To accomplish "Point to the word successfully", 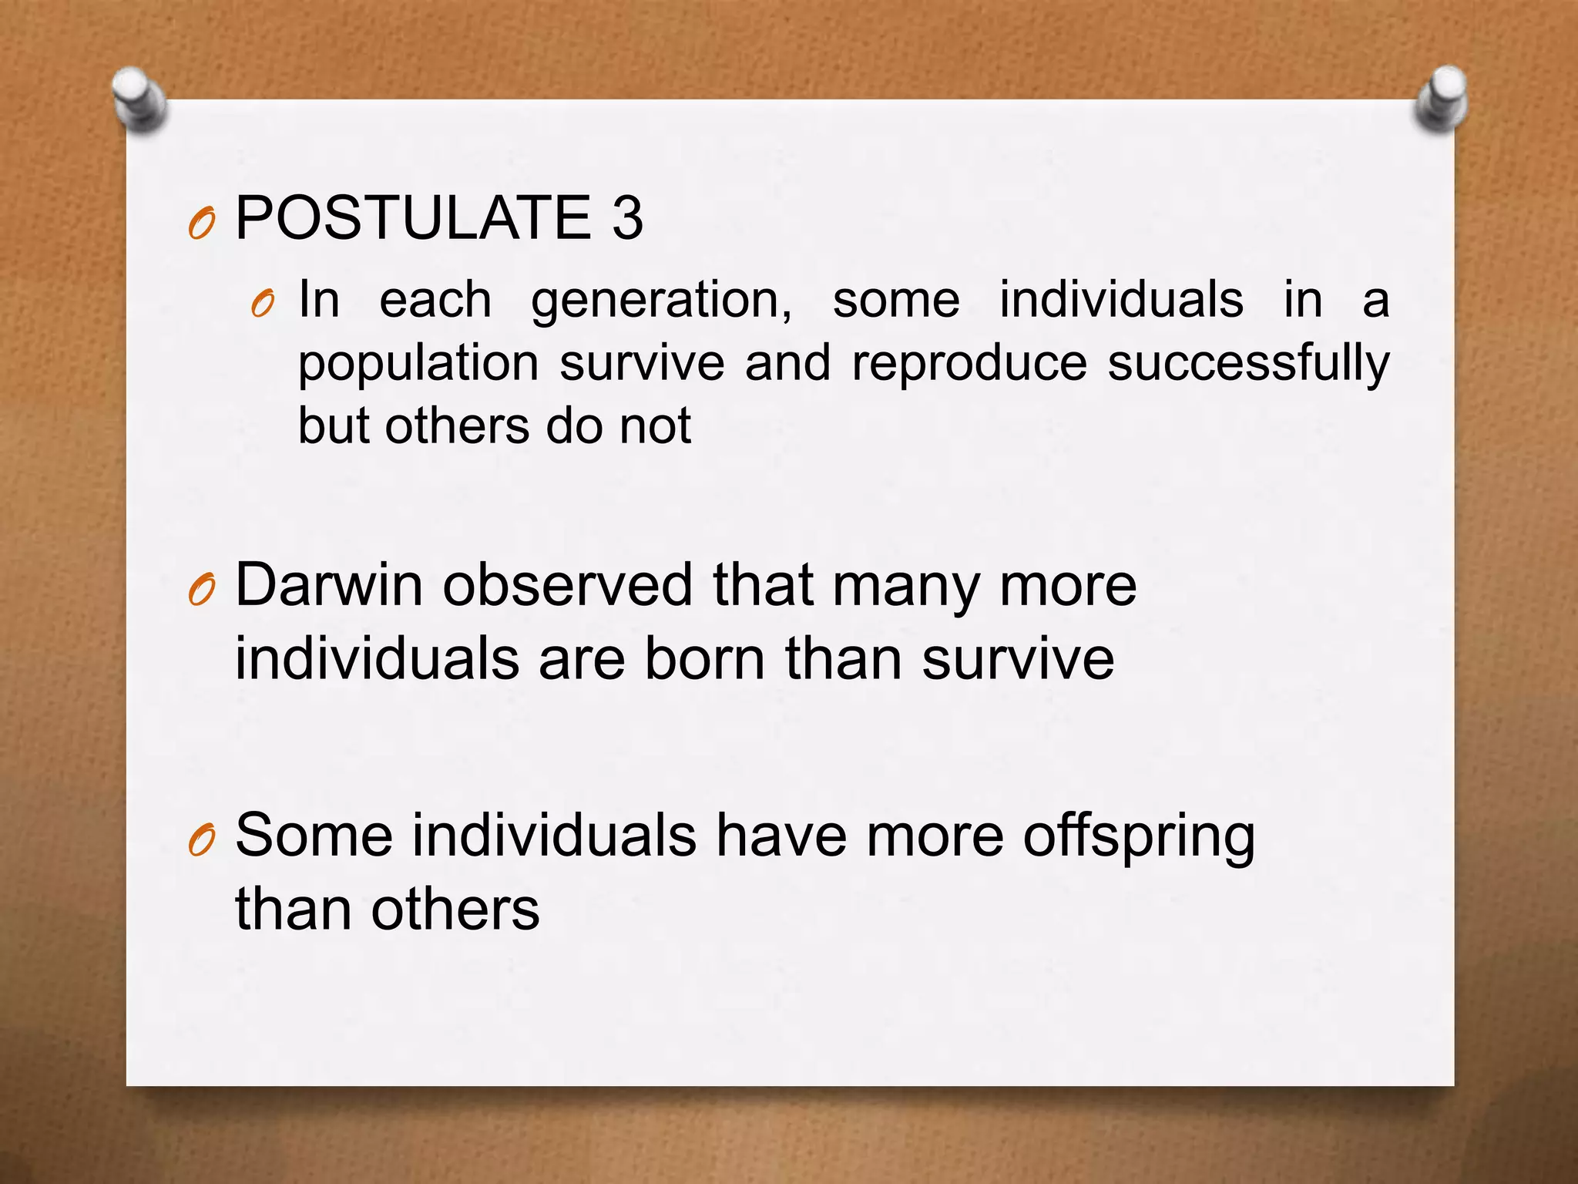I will pyautogui.click(x=1248, y=364).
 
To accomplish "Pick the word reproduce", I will pyautogui.click(x=969, y=364).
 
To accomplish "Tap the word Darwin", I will pyautogui.click(x=329, y=585).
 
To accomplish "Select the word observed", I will pyautogui.click(x=568, y=585).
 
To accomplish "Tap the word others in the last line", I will pyautogui.click(x=455, y=910).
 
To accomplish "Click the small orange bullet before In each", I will pyautogui.click(x=262, y=306).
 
